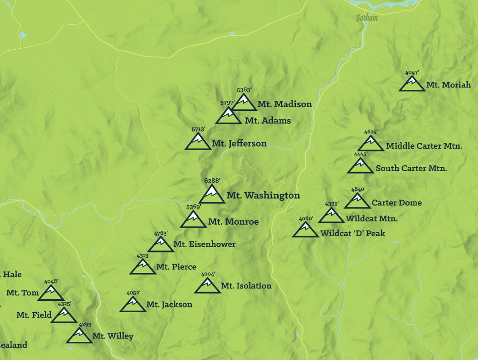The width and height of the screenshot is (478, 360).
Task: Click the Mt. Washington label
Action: [x=263, y=195]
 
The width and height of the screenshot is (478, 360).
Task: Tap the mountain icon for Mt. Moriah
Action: [x=412, y=84]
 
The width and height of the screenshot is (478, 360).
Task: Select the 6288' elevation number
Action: [x=212, y=181]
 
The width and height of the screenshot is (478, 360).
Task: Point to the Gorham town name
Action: [x=367, y=18]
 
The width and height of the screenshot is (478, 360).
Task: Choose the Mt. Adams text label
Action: [x=268, y=121]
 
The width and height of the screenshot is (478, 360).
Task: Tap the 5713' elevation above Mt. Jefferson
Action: [x=198, y=130]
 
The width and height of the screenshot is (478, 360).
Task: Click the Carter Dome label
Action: [x=396, y=203]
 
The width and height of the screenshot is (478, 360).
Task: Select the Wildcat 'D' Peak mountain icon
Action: [x=305, y=230]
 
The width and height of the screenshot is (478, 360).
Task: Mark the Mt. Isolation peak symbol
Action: [x=207, y=286]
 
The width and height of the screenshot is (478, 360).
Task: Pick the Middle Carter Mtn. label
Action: [x=424, y=146]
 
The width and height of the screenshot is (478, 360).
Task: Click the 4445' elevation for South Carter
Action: [x=360, y=154]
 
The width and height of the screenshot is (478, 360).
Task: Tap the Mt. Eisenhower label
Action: [x=204, y=244]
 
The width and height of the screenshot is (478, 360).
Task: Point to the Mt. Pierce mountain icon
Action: [x=142, y=268]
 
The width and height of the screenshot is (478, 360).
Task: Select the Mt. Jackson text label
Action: [x=169, y=305]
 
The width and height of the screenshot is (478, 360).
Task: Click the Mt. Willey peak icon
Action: [x=79, y=336]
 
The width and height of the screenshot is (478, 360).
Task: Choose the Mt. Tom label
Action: [x=22, y=293]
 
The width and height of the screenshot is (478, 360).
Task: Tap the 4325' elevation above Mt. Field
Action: [x=65, y=304]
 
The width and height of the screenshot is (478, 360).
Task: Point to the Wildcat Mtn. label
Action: [x=372, y=219]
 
